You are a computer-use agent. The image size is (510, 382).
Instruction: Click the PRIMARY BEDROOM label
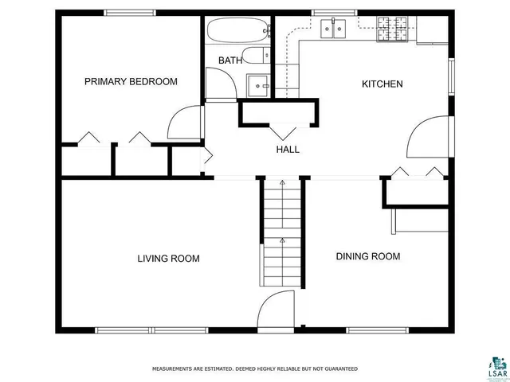pos(131,81)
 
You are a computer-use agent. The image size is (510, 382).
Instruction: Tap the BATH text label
pos(230,60)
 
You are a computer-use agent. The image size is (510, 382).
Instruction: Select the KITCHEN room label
pos(382,84)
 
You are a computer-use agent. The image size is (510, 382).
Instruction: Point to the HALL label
pos(288,149)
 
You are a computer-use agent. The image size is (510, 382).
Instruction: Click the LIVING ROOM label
pos(168,258)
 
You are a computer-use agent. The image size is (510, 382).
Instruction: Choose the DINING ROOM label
pos(367,256)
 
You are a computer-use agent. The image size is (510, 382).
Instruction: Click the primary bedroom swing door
pos(182,124)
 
